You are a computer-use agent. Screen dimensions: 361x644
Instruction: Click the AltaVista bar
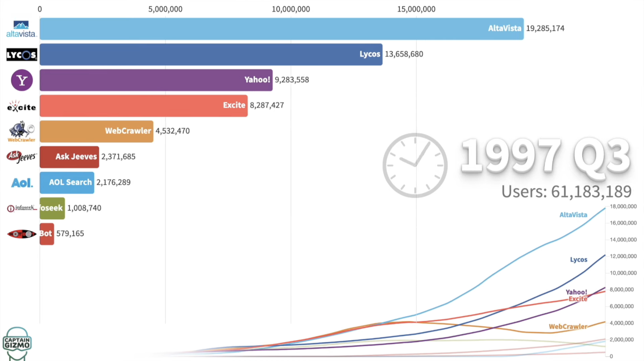[281, 29]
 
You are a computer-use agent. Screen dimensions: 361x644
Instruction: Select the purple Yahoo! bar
[156, 80]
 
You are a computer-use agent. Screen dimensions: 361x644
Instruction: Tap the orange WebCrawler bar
[96, 131]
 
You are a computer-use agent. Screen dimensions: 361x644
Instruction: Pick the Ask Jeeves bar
[69, 157]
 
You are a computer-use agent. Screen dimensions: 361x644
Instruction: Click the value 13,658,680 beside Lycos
[404, 54]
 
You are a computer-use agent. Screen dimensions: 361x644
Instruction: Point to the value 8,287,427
[267, 105]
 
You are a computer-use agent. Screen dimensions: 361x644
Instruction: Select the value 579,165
[70, 234]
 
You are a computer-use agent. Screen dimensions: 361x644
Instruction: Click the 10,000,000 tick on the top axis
[291, 9]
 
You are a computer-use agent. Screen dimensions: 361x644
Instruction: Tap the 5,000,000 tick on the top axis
[165, 9]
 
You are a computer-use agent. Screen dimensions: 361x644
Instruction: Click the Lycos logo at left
[21, 55]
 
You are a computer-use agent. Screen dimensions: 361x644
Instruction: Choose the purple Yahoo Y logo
[22, 80]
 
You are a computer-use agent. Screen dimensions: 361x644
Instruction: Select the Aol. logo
[22, 183]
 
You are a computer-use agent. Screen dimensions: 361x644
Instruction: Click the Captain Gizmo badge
[17, 343]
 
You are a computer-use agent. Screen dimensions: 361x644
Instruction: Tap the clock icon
[415, 165]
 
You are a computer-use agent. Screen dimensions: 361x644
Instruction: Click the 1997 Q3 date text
[545, 156]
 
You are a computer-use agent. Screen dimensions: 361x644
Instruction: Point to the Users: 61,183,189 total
[566, 192]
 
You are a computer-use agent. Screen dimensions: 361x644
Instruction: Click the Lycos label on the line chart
[578, 260]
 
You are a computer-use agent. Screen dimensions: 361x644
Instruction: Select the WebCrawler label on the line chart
[568, 327]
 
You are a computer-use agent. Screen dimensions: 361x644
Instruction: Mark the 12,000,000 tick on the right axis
[623, 256]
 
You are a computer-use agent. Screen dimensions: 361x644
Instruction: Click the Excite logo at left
[21, 106]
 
